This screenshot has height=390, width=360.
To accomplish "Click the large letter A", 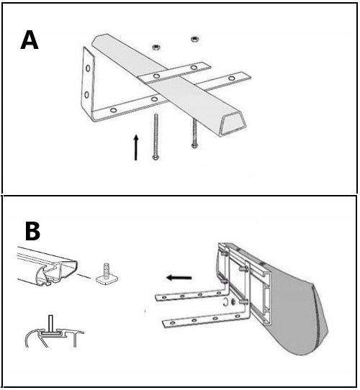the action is tap(30, 40).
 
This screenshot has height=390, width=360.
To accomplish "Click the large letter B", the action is tap(32, 231).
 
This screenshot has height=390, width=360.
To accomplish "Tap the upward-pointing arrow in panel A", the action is tap(135, 148).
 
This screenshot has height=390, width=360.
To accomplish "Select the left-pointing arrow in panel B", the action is tap(179, 278).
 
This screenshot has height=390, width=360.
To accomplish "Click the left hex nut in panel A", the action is tap(156, 47).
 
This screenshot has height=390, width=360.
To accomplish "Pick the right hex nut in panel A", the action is tap(194, 39).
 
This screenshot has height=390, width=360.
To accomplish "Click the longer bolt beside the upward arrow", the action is tap(156, 136).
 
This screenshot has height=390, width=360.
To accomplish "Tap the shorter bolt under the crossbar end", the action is tap(194, 133).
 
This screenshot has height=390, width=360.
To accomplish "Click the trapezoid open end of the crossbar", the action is tap(234, 123).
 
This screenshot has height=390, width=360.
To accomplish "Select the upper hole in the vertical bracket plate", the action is tap(88, 68).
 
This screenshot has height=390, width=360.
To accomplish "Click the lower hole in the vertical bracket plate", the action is tap(86, 94).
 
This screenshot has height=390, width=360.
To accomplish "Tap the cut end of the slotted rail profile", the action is tap(58, 273).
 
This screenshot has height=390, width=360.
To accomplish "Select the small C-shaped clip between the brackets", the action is tap(225, 301).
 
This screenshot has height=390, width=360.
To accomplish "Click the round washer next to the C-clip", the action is tap(233, 302).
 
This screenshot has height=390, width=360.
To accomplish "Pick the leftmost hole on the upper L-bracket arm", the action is tap(164, 297).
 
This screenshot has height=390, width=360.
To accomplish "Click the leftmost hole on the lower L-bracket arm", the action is tap(172, 323).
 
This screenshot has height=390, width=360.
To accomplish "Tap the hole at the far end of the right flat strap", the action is tap(232, 78).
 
